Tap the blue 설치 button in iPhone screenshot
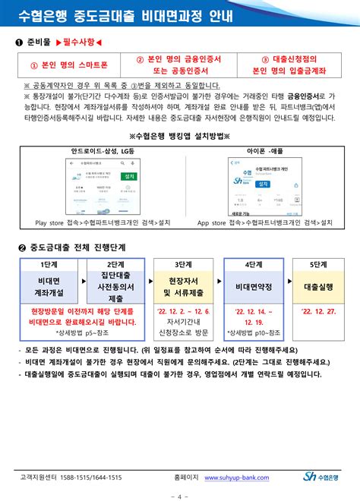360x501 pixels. pos(263,184)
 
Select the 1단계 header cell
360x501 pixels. pos(48,263)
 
